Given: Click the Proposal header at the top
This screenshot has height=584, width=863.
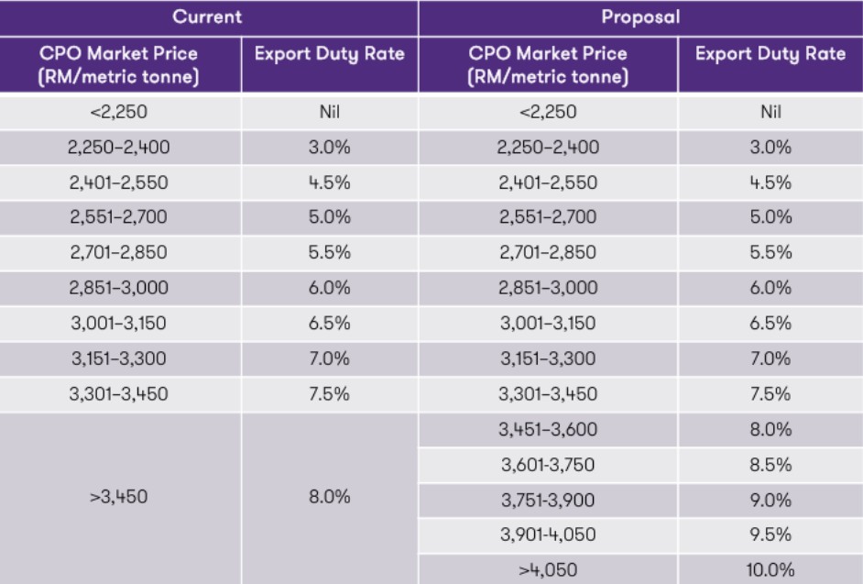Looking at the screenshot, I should pos(640,17).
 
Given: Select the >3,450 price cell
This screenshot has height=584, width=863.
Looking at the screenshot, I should pos(120,499).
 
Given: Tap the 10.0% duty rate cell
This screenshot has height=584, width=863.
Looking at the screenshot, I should pos(770,567).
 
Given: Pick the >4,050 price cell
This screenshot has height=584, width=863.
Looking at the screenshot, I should pos(549,567).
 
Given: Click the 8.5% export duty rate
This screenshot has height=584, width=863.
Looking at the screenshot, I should pos(770,465).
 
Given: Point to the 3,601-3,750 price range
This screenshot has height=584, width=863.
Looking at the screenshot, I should pos(549,465).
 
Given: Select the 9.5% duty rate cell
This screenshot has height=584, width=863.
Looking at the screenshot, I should pos(770,534).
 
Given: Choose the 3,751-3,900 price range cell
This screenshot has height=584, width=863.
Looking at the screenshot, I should pos(549,500).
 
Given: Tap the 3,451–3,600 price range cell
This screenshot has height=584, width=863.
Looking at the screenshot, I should pos(549,431).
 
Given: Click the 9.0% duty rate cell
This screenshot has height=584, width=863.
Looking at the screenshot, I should pos(770,500).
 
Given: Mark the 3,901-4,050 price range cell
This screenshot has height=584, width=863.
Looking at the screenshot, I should pos(549,534).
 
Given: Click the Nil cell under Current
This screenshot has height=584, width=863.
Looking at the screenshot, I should pos(330,113).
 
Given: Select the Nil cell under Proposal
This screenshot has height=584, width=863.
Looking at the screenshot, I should pos(770,113).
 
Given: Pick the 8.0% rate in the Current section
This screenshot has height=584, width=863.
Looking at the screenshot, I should pos(330,499).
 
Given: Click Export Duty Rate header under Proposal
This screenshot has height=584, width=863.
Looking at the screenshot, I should pos(770,56).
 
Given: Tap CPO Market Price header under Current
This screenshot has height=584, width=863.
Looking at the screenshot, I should pos(120,65).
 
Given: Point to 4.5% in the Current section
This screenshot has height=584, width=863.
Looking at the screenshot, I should pos(330,182).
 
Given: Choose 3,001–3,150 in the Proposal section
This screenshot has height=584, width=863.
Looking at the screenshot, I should pos(549,324).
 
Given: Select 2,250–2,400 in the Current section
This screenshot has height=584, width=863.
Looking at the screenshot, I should pos(120,148).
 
